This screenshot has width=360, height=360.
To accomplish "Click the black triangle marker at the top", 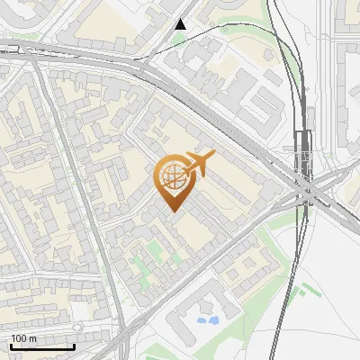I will click(181, 24).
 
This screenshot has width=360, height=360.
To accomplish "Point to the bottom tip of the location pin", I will click(171, 211).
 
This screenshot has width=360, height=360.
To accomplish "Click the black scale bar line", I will click(42, 346).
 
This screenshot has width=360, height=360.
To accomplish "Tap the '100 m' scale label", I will click(23, 338).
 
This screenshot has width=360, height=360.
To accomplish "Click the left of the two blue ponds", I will click(202, 319).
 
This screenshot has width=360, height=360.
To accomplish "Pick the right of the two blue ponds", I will click(213, 319).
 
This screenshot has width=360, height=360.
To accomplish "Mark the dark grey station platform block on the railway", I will click(302, 148).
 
